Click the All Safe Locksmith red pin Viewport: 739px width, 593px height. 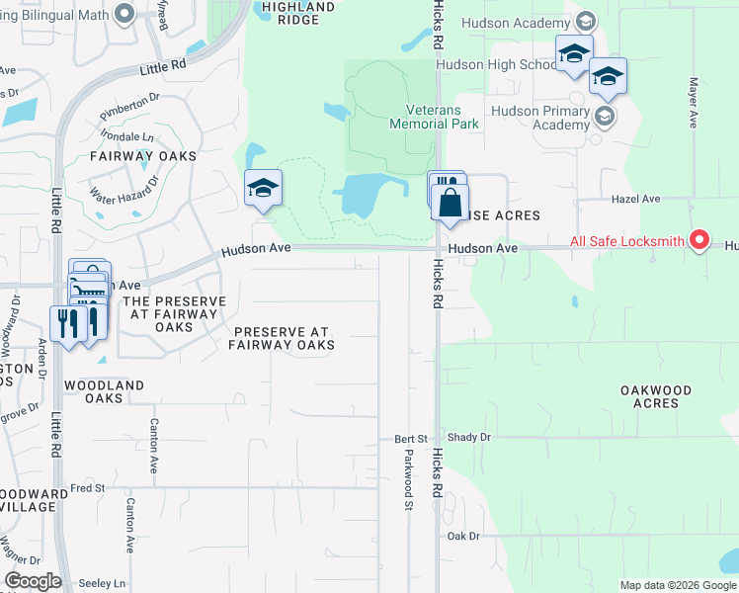coord(699,240)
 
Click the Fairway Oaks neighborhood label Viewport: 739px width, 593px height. coord(143,156)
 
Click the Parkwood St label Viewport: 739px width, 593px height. coord(407,479)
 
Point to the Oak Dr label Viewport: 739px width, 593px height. coord(462,536)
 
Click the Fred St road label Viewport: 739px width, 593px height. coord(87,487)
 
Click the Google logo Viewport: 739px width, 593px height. coord(33,581)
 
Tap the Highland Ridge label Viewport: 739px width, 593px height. coord(298,12)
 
